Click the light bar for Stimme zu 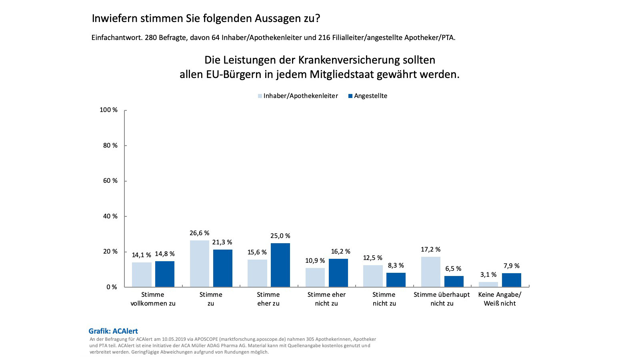click(199, 264)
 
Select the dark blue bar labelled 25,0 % click(280, 265)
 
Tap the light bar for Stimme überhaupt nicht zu click(430, 272)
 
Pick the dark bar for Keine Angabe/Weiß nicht click(511, 280)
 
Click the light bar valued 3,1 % click(488, 284)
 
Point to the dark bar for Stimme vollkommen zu click(165, 274)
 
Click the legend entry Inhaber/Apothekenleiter click(298, 96)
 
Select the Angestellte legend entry click(368, 96)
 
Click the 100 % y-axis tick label click(108, 110)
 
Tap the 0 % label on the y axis click(112, 287)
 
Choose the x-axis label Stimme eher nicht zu click(326, 299)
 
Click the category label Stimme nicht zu click(384, 299)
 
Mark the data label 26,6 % click(199, 233)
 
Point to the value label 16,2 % click(340, 252)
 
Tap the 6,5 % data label click(453, 269)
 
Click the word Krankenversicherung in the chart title click(366, 60)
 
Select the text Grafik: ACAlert click(113, 331)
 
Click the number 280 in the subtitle click(151, 38)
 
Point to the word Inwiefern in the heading click(116, 18)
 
